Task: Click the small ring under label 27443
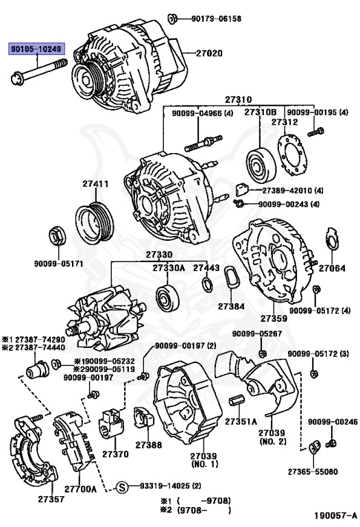[x=206, y=285]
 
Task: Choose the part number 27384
[x=231, y=306]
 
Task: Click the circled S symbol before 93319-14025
[x=121, y=487]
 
